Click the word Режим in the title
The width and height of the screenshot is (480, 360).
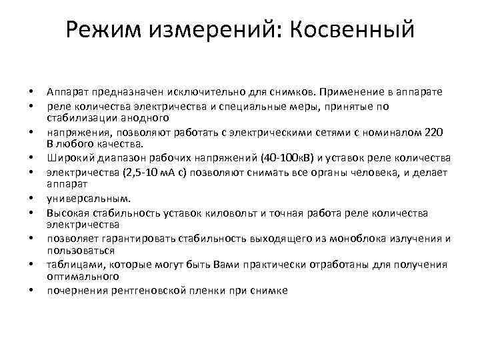click(106, 31)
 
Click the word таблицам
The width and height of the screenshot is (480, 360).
click(74, 265)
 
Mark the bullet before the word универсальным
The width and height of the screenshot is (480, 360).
click(31, 199)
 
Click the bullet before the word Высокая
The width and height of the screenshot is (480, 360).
click(31, 213)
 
